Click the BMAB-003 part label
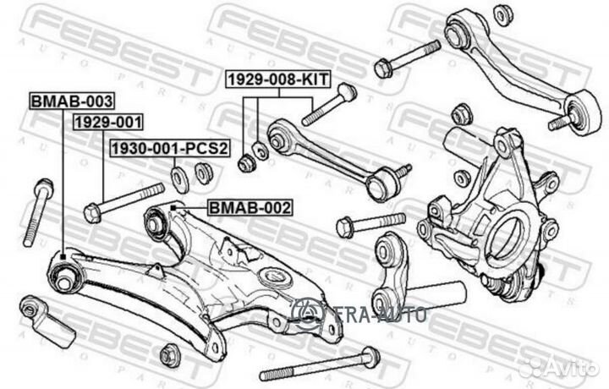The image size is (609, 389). (x=72, y=101)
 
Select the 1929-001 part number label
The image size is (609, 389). (x=108, y=122)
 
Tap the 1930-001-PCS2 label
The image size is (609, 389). (x=170, y=148)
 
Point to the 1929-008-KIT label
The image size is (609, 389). (x=278, y=79)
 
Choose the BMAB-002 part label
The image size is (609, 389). (x=250, y=208)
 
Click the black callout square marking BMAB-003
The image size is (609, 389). (x=63, y=256)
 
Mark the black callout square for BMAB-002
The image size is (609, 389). (x=173, y=209)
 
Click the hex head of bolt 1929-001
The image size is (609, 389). (x=92, y=213)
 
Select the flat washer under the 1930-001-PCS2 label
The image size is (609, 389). (x=180, y=178)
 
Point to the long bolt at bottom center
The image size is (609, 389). (x=320, y=364)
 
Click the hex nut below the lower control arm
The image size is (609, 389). (x=170, y=355)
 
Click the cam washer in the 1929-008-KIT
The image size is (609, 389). (x=260, y=151)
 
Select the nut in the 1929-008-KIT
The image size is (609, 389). (x=245, y=163)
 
